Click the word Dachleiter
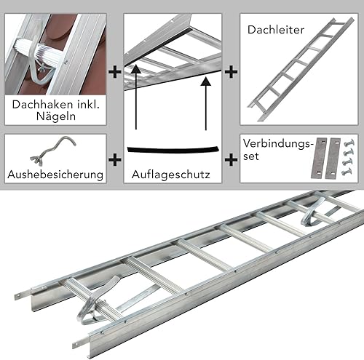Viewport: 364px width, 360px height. pos(276,30)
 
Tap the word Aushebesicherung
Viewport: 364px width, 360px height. pos(55,175)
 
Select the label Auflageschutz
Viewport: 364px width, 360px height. pos(171,175)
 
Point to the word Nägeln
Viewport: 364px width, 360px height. pos(56,116)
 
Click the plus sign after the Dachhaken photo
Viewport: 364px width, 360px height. pos(115,72)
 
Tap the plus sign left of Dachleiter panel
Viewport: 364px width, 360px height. pos(231,72)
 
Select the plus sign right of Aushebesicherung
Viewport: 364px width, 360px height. pos(115,160)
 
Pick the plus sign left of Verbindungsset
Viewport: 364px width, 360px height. pos(231,160)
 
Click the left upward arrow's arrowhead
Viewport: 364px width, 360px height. pos(136,68)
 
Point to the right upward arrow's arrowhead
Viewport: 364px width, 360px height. pos(206,81)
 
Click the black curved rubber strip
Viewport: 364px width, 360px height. pos(173,150)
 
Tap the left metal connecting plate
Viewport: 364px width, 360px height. pos(319,158)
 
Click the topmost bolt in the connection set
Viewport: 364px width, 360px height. pos(349,143)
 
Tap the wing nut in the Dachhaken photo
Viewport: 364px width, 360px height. pos(41,68)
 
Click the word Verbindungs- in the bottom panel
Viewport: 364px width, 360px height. pos(277,143)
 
